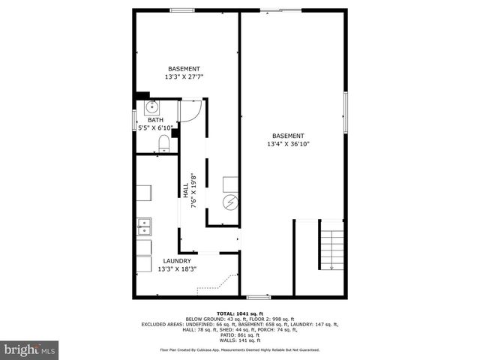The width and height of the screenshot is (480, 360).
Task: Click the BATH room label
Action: (x=155, y=120)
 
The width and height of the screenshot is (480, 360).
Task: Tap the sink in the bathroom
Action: (x=151, y=107)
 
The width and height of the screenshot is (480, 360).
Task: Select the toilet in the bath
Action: (x=164, y=142)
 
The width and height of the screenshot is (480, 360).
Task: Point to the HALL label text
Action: (x=185, y=190)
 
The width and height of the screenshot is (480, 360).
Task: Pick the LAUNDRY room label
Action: (x=177, y=261)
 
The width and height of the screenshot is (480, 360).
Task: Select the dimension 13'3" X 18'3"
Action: (x=177, y=268)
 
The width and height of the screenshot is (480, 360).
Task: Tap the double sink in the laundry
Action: (x=143, y=225)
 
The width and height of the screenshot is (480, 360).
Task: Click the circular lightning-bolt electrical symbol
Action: (x=230, y=202)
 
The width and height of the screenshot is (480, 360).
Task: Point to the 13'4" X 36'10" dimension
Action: (x=289, y=144)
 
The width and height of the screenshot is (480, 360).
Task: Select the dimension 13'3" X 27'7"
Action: (x=184, y=76)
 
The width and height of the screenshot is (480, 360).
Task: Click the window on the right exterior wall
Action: (x=346, y=111)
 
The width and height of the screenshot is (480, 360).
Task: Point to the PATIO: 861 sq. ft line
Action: (x=239, y=334)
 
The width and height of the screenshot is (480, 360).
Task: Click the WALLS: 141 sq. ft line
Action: (x=239, y=340)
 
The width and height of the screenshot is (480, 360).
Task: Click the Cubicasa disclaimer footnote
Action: (x=239, y=349)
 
